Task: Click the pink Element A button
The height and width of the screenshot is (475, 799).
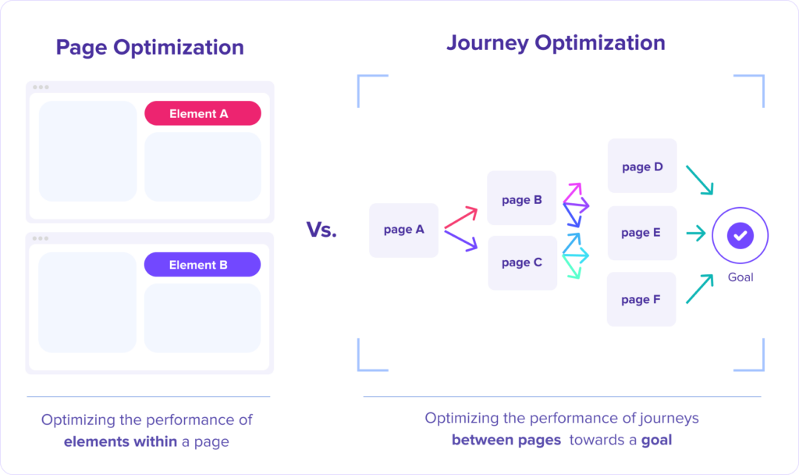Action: coord(203,113)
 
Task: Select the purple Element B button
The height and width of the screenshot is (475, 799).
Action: coord(202,264)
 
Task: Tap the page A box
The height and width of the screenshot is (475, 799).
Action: coord(403,230)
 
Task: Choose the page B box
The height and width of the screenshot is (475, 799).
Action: coord(521,198)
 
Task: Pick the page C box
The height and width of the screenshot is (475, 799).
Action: coord(522,262)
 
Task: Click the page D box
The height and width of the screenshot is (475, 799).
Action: coord(642,166)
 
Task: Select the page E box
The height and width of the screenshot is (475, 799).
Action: coord(642,233)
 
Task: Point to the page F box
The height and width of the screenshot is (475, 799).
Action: coord(641,299)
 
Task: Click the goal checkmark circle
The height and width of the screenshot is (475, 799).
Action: coord(740,235)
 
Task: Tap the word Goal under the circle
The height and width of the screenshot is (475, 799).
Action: coord(740,277)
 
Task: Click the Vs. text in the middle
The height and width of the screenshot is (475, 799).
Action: coord(321,230)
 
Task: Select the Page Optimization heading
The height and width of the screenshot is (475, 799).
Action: coord(150,48)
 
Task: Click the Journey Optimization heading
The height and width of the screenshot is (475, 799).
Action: coord(556,43)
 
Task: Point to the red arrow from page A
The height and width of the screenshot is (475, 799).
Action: coord(461,217)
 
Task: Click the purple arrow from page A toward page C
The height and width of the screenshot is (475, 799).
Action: coord(461,241)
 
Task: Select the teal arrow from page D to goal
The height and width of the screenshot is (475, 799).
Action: coord(700,180)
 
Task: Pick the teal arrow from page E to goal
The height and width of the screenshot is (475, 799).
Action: coord(696,234)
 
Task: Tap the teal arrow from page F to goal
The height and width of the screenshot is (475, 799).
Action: coord(700,289)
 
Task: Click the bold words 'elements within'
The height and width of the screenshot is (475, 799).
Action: coord(120,441)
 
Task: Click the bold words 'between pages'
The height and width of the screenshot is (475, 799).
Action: coord(506,440)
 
